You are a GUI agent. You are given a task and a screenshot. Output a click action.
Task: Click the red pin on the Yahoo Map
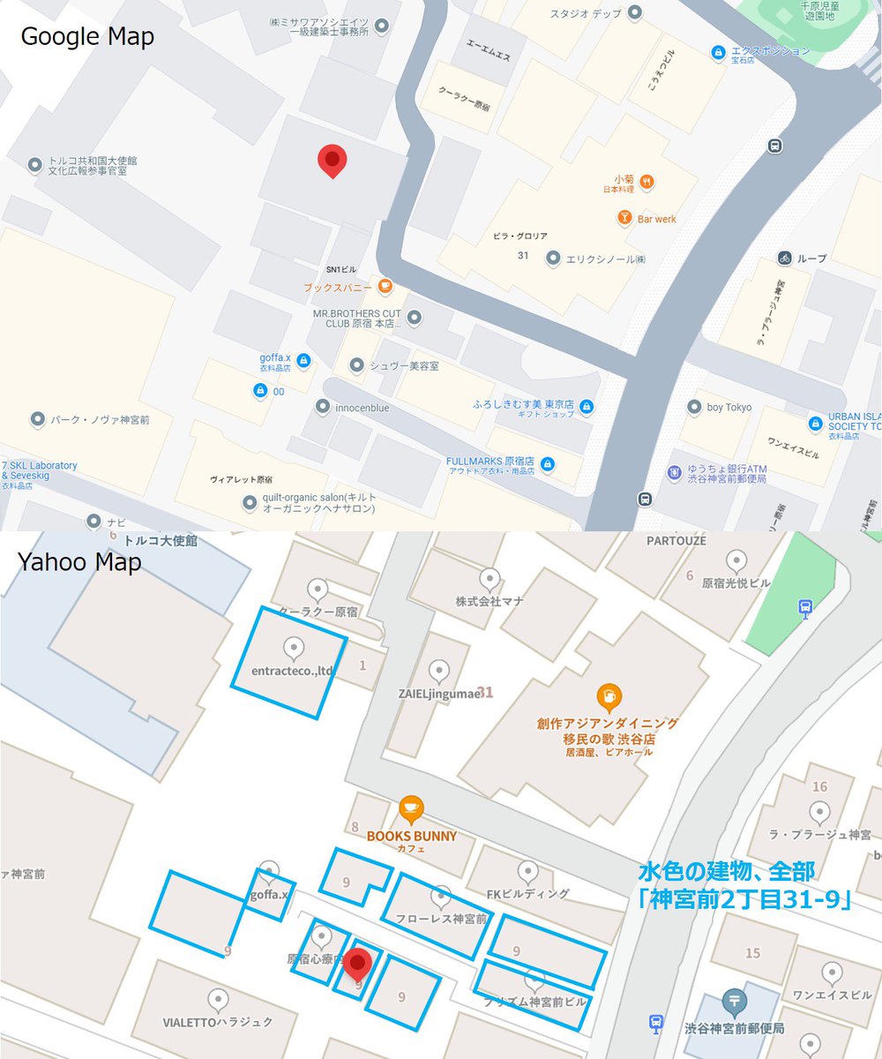point(356,964)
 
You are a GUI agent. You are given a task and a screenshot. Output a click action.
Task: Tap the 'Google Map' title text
point(87,37)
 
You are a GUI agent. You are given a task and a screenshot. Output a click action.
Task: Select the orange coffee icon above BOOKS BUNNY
point(411,809)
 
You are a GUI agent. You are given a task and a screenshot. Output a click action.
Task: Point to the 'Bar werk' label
point(658,218)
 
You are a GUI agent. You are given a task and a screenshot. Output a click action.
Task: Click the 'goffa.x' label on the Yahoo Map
point(270,895)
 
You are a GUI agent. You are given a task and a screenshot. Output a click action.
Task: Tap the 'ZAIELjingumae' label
point(438,694)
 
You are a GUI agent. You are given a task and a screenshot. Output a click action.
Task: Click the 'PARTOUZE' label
point(676,540)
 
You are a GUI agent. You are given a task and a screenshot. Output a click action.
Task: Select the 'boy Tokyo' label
point(729,408)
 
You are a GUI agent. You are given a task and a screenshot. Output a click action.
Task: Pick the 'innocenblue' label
point(362,408)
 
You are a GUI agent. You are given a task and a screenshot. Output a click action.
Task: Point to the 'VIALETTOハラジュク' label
point(218,1023)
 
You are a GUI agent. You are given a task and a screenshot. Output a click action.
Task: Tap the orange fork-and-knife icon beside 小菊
point(648,183)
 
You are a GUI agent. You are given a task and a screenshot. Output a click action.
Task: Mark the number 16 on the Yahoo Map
point(820,786)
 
